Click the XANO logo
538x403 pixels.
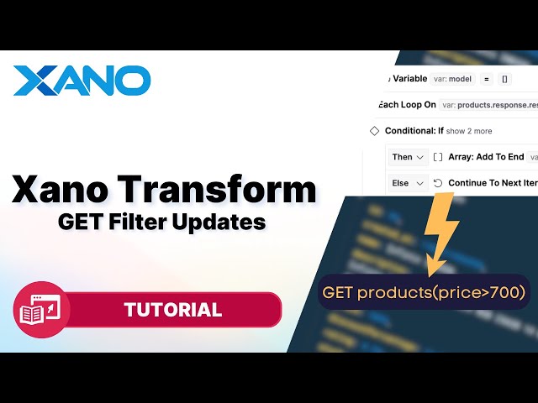click(x=82, y=81)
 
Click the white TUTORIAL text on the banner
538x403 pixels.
click(x=173, y=310)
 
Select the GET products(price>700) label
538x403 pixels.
click(x=424, y=293)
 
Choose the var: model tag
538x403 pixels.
click(x=452, y=79)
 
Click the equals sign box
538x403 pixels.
click(x=487, y=79)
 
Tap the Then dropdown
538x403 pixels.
click(x=409, y=157)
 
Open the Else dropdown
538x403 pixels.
click(x=409, y=182)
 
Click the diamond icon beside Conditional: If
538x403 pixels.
click(x=375, y=131)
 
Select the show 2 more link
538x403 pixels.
click(x=469, y=131)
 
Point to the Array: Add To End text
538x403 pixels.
click(x=486, y=157)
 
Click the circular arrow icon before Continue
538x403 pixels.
click(x=438, y=182)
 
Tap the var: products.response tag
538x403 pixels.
click(x=488, y=105)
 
